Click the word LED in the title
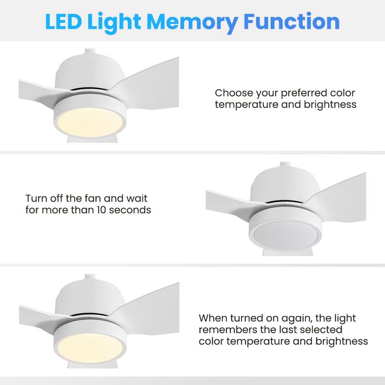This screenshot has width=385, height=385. pos(64,21)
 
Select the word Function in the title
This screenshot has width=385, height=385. pos(292,21)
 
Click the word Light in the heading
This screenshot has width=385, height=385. pos(114,23)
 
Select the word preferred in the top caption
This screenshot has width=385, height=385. pos(304,93)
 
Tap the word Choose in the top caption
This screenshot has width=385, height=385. pos(234,93)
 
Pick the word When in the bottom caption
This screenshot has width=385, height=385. pos(213,318)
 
